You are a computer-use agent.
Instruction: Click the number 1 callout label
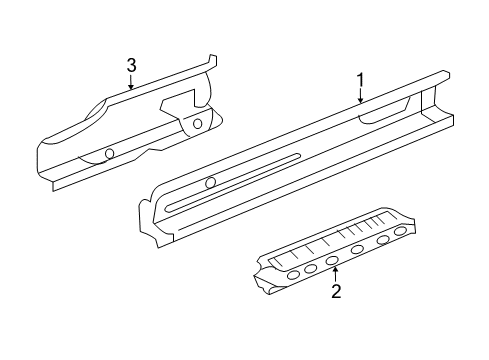pyautogui.click(x=361, y=80)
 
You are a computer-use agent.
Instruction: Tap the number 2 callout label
pyautogui.click(x=336, y=292)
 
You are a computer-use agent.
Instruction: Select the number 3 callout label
pyautogui.click(x=131, y=65)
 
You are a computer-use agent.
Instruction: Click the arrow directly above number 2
pyautogui.click(x=336, y=273)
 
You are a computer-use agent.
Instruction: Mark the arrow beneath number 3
pyautogui.click(x=131, y=84)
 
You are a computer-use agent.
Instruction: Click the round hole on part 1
pyautogui.click(x=210, y=182)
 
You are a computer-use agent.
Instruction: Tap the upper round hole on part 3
pyautogui.click(x=197, y=124)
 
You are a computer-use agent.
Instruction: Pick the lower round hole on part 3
pyautogui.click(x=109, y=153)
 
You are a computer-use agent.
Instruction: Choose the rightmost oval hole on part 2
pyautogui.click(x=401, y=260)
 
